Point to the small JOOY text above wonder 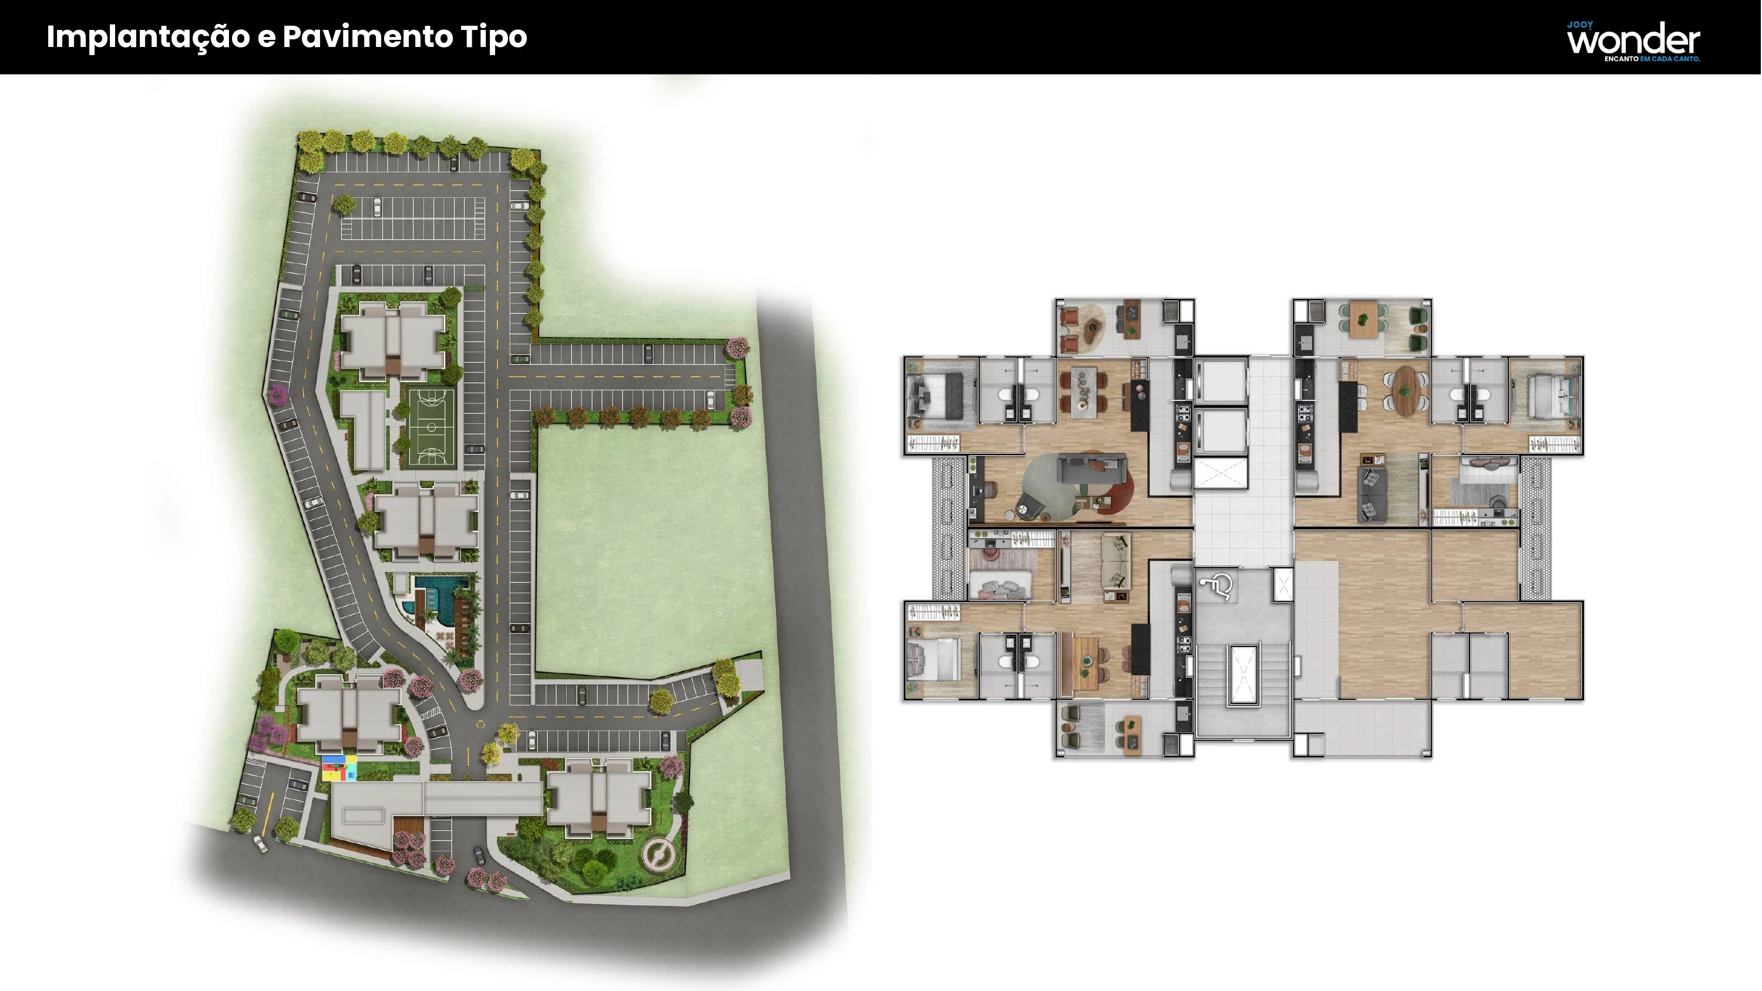coord(1580,25)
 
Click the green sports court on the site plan coord(432,427)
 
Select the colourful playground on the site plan coord(340,767)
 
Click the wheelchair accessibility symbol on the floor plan coord(1216,585)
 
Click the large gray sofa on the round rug coord(1092,470)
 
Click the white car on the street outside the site coord(261,843)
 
